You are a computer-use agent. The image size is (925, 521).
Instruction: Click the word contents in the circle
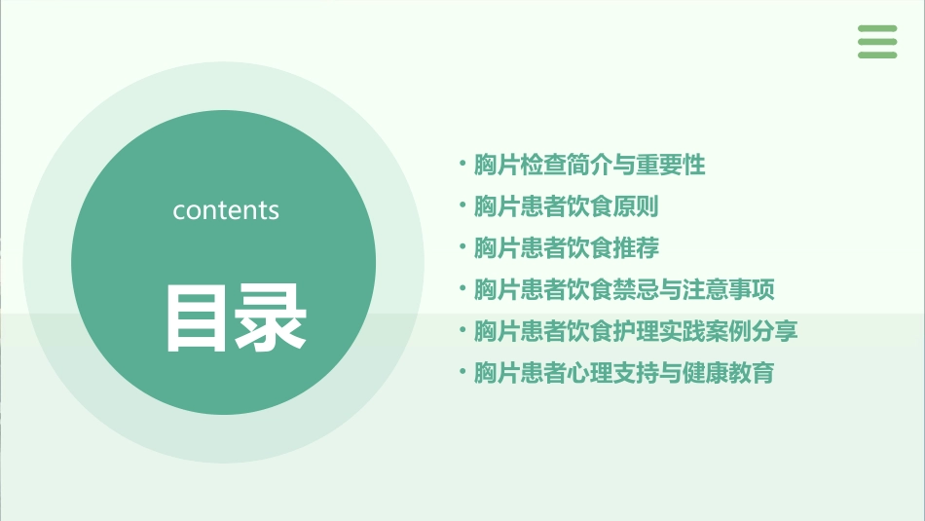(226, 210)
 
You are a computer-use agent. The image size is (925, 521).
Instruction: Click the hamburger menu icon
(877, 42)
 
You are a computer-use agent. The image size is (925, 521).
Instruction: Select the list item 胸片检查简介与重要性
(589, 166)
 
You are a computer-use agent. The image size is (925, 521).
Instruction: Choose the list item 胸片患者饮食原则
(566, 207)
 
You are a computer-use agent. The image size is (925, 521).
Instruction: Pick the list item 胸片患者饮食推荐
(566, 248)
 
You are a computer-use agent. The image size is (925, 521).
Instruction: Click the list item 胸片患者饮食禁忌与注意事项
(624, 290)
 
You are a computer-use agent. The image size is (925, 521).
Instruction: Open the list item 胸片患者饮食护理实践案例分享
(636, 331)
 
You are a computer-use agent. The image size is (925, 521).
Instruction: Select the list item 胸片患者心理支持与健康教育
(624, 373)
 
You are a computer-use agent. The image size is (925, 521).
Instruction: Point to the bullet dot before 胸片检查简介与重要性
(462, 164)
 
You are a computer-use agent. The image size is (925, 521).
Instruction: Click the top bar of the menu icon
(877, 29)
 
